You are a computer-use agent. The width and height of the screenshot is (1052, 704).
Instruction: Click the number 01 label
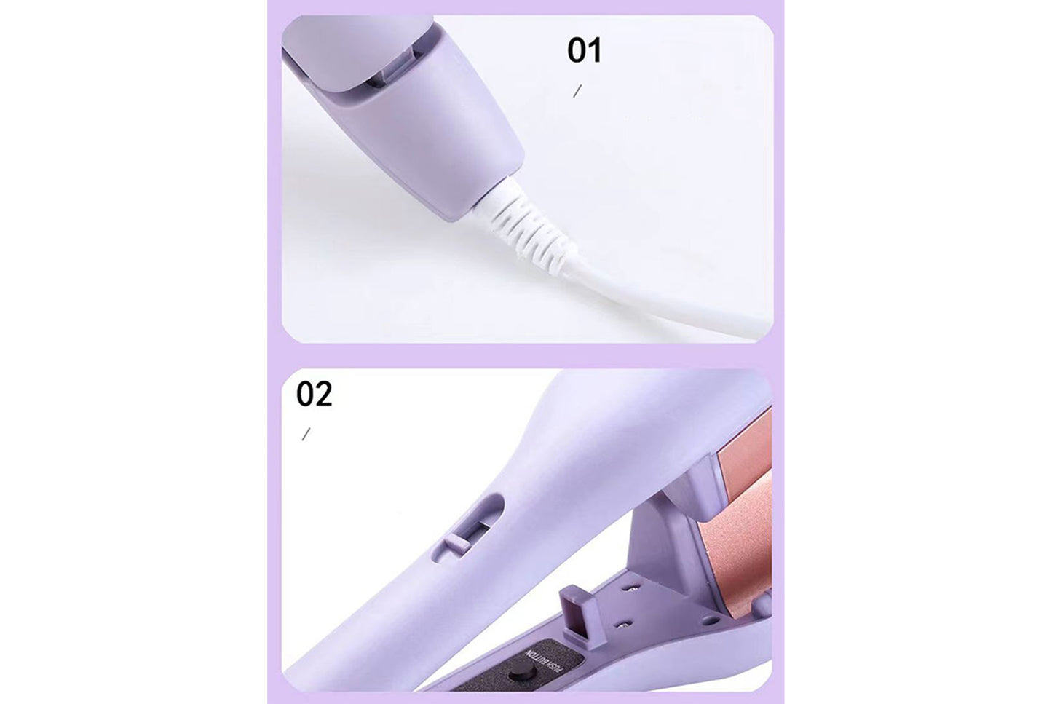[584, 51]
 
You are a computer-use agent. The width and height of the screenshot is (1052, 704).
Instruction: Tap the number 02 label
[314, 394]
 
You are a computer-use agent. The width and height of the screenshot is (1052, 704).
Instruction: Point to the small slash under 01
[577, 91]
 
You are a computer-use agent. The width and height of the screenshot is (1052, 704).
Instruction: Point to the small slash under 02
[306, 434]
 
